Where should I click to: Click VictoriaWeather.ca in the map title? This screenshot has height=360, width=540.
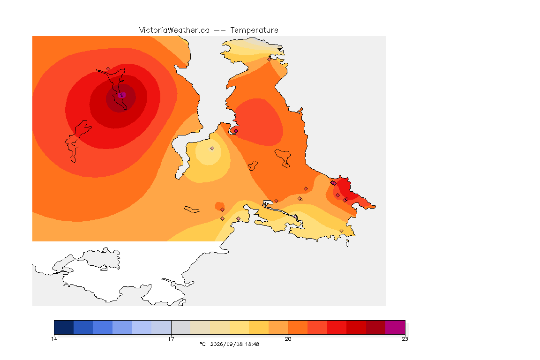(x=174, y=30)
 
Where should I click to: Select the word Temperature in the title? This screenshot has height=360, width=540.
(x=254, y=30)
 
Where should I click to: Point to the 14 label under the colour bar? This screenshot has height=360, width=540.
(x=54, y=339)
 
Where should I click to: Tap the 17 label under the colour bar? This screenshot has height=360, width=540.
(x=171, y=339)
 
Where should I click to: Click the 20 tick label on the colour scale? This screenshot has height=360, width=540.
(x=288, y=339)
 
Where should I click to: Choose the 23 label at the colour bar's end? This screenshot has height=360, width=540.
(x=405, y=339)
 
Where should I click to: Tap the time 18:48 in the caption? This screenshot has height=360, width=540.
(x=253, y=344)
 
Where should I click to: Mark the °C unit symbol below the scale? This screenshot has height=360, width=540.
(x=202, y=344)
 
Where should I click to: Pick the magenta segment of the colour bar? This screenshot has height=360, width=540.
(x=395, y=327)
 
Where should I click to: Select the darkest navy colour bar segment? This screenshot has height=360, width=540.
(x=64, y=327)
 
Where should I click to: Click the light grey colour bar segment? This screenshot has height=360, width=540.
(x=181, y=327)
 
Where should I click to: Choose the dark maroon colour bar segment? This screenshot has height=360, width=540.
(x=376, y=327)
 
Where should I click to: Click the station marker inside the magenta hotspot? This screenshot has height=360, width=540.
(x=121, y=95)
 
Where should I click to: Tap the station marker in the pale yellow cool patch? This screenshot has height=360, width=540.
(x=212, y=149)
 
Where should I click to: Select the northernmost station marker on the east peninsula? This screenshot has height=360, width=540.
(x=270, y=59)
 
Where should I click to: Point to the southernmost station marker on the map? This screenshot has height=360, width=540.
(x=341, y=231)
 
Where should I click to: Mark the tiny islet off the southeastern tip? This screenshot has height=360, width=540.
(x=347, y=243)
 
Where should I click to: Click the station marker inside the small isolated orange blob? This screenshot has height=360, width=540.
(x=223, y=210)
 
